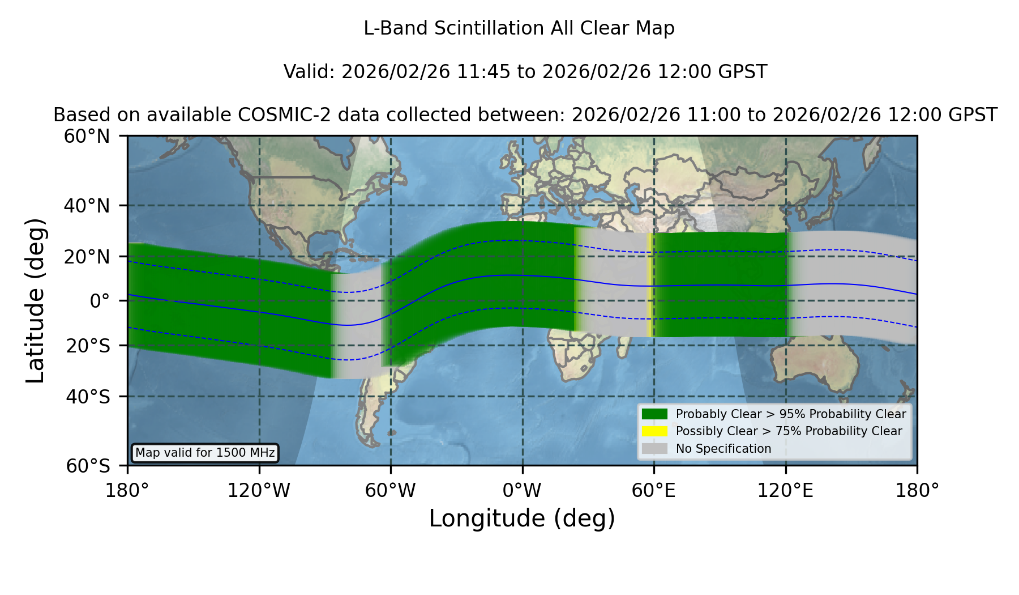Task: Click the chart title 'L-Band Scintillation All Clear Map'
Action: [519, 28]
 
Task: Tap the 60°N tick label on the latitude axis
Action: [87, 136]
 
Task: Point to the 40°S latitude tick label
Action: [88, 397]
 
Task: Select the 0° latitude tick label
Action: [100, 301]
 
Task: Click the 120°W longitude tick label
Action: [259, 491]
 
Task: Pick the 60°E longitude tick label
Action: [654, 491]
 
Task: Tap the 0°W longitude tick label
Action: [522, 491]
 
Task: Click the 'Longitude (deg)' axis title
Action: [522, 518]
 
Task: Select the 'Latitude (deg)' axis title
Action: [36, 300]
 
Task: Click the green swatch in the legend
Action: [655, 414]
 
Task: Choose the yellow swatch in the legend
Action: [655, 431]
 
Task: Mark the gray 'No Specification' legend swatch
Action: [655, 449]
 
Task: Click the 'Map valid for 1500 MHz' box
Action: [205, 453]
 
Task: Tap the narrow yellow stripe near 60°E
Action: [651, 285]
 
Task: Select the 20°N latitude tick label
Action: [87, 257]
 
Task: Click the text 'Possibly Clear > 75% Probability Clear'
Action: [789, 431]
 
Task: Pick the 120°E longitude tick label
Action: [785, 491]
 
